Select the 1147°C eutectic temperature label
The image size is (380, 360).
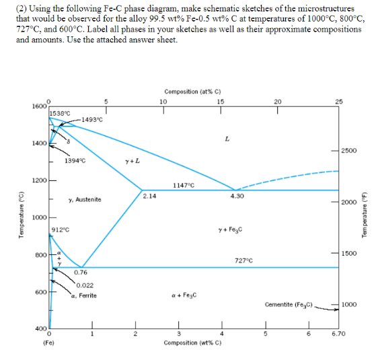184,185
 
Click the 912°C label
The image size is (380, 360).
61,230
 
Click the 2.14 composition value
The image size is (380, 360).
150,196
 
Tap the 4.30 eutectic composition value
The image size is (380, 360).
237,196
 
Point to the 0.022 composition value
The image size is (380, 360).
85,286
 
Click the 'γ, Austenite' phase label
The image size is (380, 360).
85,199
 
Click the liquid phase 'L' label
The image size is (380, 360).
229,138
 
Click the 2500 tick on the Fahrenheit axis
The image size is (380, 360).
350,151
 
